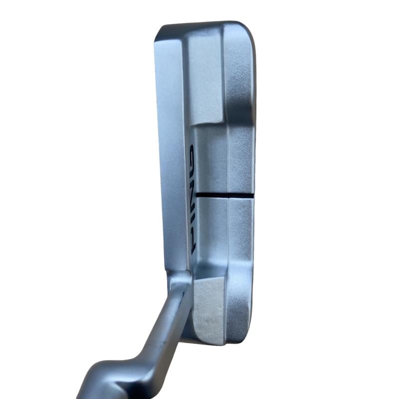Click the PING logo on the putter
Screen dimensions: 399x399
point(192,199)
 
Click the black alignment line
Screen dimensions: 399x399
point(225,195)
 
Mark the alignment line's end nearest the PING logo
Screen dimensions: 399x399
point(197,195)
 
